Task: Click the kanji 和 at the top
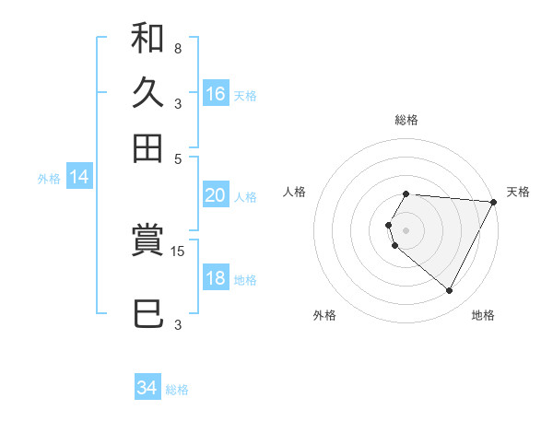(x=147, y=40)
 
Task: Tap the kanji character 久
(x=147, y=92)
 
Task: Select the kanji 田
(x=147, y=146)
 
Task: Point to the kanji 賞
(x=147, y=241)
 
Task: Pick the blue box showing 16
(x=216, y=93)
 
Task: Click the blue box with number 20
(x=215, y=195)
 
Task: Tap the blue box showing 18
(x=215, y=278)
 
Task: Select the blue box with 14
(x=78, y=178)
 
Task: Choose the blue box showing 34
(x=147, y=388)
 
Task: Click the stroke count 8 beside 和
(x=177, y=48)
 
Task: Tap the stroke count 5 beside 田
(x=179, y=158)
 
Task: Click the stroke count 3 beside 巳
(x=178, y=324)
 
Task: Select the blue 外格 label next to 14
(x=49, y=179)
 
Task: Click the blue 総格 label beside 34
(x=177, y=390)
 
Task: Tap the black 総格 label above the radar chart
(x=406, y=120)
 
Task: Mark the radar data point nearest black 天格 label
(x=494, y=203)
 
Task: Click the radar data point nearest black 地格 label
(x=450, y=291)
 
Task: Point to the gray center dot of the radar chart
(x=406, y=229)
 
